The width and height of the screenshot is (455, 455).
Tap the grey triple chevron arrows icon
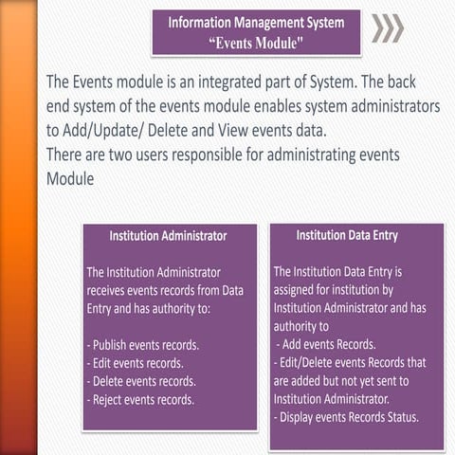(386, 28)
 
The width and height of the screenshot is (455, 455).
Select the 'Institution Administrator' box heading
(168, 235)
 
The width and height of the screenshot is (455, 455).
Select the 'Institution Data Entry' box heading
(347, 234)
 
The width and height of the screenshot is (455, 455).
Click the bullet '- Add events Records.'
(326, 344)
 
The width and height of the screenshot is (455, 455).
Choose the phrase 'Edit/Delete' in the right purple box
(308, 362)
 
